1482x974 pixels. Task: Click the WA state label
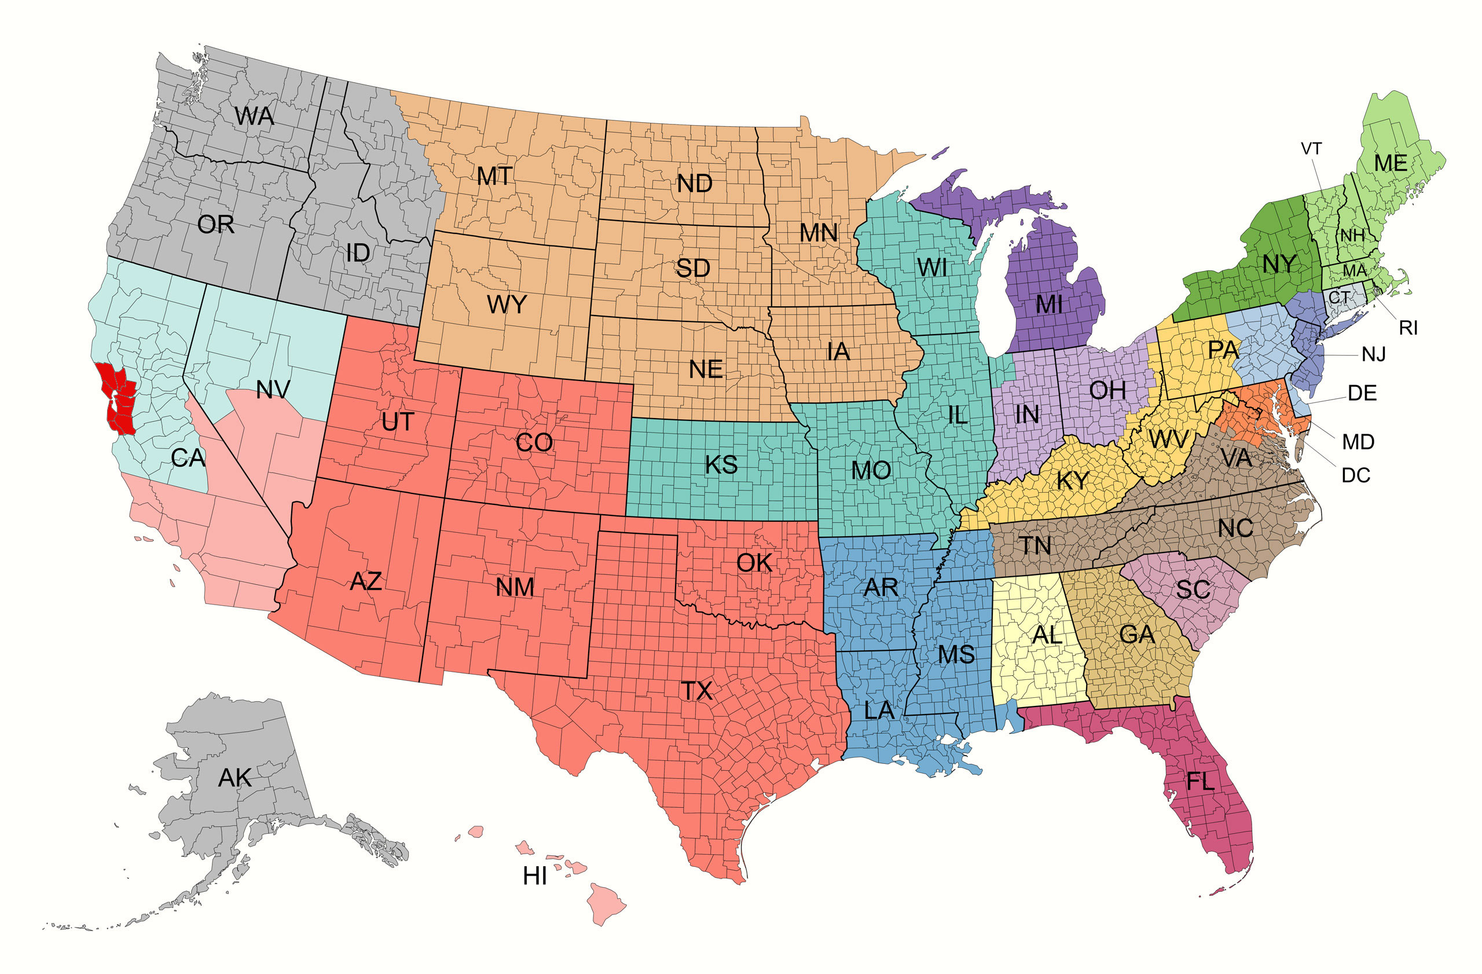point(254,116)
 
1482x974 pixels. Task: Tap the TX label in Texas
point(696,691)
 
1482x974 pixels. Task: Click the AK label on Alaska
point(235,778)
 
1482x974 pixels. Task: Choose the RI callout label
point(1408,328)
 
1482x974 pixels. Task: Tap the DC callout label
point(1356,475)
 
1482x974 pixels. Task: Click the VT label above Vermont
point(1311,149)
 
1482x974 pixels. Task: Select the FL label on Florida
point(1200,782)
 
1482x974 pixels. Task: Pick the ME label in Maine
point(1391,163)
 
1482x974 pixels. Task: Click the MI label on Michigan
point(1048,305)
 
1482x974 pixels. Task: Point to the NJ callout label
point(1373,354)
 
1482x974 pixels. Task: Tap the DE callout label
point(1362,393)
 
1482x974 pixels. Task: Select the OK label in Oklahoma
point(754,563)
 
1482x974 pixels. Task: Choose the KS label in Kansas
point(721,464)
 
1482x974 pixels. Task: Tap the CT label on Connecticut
point(1339,298)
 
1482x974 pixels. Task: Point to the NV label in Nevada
point(273,390)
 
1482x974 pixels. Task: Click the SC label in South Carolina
point(1193,589)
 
